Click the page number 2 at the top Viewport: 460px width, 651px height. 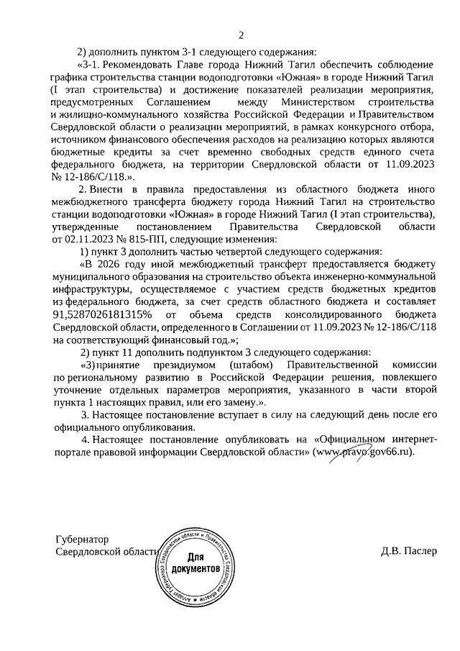pyautogui.click(x=241, y=34)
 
